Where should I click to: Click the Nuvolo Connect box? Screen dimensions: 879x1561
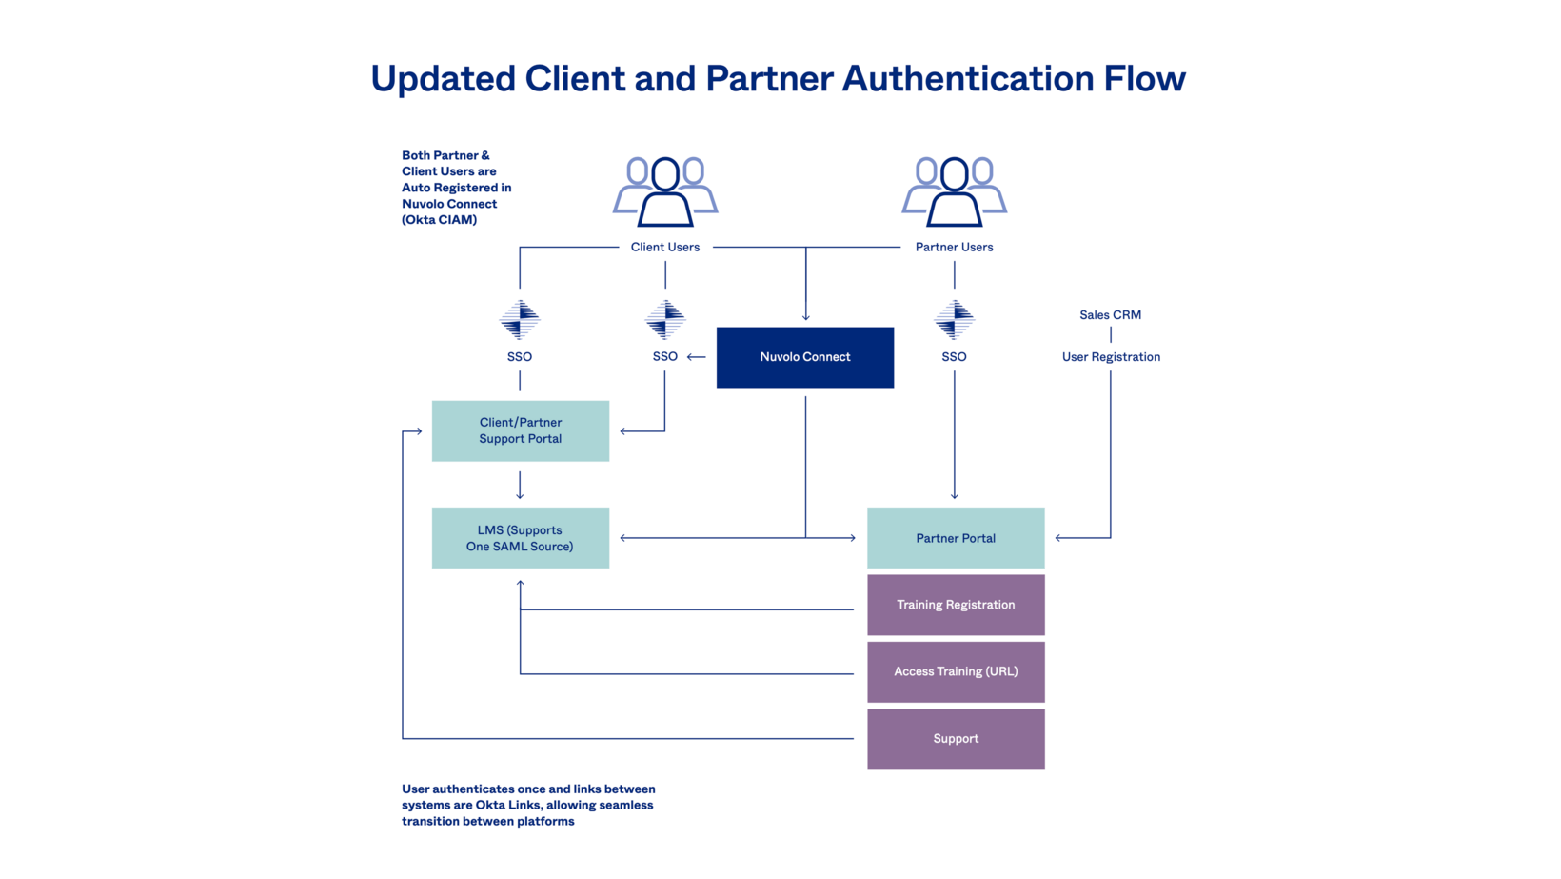point(804,357)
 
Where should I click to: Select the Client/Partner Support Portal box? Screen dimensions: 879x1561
point(520,430)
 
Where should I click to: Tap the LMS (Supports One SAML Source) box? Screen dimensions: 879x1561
point(520,538)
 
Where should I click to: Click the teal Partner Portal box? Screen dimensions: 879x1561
point(955,538)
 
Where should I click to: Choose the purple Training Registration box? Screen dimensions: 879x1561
point(955,605)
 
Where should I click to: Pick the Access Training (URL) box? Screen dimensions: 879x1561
point(955,671)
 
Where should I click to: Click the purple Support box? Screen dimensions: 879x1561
point(955,739)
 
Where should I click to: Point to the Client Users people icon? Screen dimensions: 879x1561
point(664,191)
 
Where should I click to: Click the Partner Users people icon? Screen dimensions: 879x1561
point(954,191)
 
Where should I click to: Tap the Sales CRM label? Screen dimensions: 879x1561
point(1110,315)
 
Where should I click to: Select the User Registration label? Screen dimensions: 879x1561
point(1111,357)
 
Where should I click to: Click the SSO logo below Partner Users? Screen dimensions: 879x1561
point(954,319)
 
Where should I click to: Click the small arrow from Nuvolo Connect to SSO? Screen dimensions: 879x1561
point(696,357)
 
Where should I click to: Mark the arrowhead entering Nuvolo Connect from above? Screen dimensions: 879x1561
point(805,316)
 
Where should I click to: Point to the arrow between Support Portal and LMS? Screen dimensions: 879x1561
point(520,486)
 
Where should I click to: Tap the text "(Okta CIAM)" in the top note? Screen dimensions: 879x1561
point(439,220)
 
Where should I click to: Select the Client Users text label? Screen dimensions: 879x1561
point(664,248)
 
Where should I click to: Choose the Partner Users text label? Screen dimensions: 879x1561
point(954,248)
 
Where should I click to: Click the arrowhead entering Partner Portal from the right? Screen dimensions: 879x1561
point(1059,538)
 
